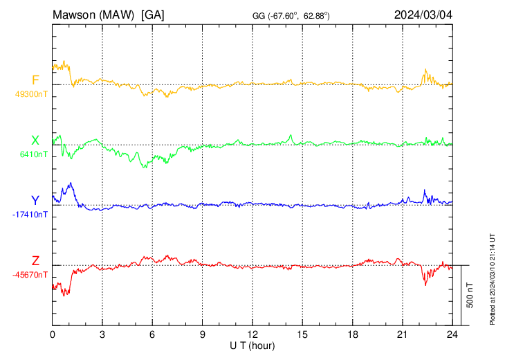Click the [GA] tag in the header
(x=152, y=15)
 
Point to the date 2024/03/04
(x=423, y=15)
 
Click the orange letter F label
(x=36, y=80)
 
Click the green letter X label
(x=35, y=141)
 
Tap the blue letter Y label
(x=35, y=201)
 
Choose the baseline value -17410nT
(x=30, y=215)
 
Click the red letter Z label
(x=35, y=261)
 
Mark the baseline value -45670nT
(x=30, y=275)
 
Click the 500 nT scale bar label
(x=470, y=295)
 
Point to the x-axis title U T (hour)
(x=252, y=345)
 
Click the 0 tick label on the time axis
(x=53, y=334)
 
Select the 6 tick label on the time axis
(x=152, y=334)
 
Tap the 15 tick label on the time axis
(x=302, y=334)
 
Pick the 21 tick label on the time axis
(x=402, y=334)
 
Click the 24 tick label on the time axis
(x=452, y=334)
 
